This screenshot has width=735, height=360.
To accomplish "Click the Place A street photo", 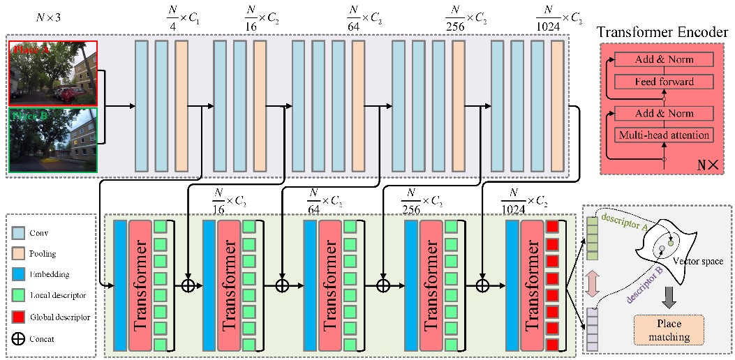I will point(53,73).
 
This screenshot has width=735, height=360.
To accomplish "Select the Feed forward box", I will point(665,82).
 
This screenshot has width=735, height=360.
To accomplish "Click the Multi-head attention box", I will point(665,134).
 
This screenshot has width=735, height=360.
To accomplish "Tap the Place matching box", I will point(668,331).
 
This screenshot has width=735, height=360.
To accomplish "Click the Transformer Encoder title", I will point(664,31).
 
